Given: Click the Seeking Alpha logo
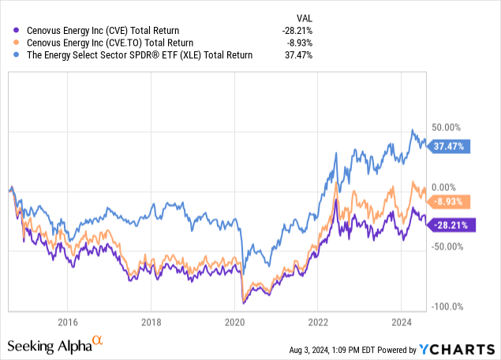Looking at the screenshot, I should pos(55,345).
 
